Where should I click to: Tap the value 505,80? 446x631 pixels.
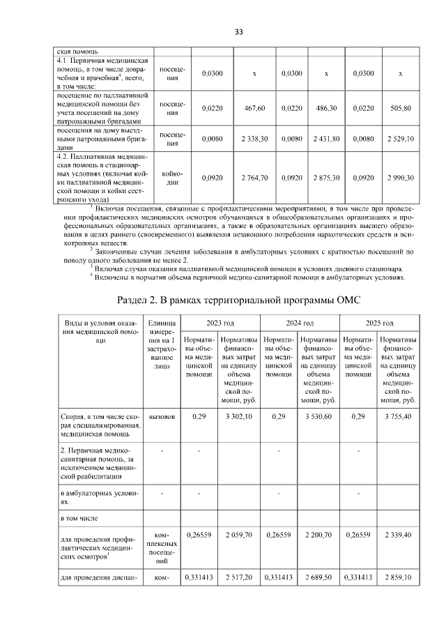point(400,109)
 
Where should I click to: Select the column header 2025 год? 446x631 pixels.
point(380,324)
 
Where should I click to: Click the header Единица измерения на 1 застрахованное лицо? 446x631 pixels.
point(162,345)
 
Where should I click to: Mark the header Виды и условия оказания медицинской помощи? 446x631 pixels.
point(98,332)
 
